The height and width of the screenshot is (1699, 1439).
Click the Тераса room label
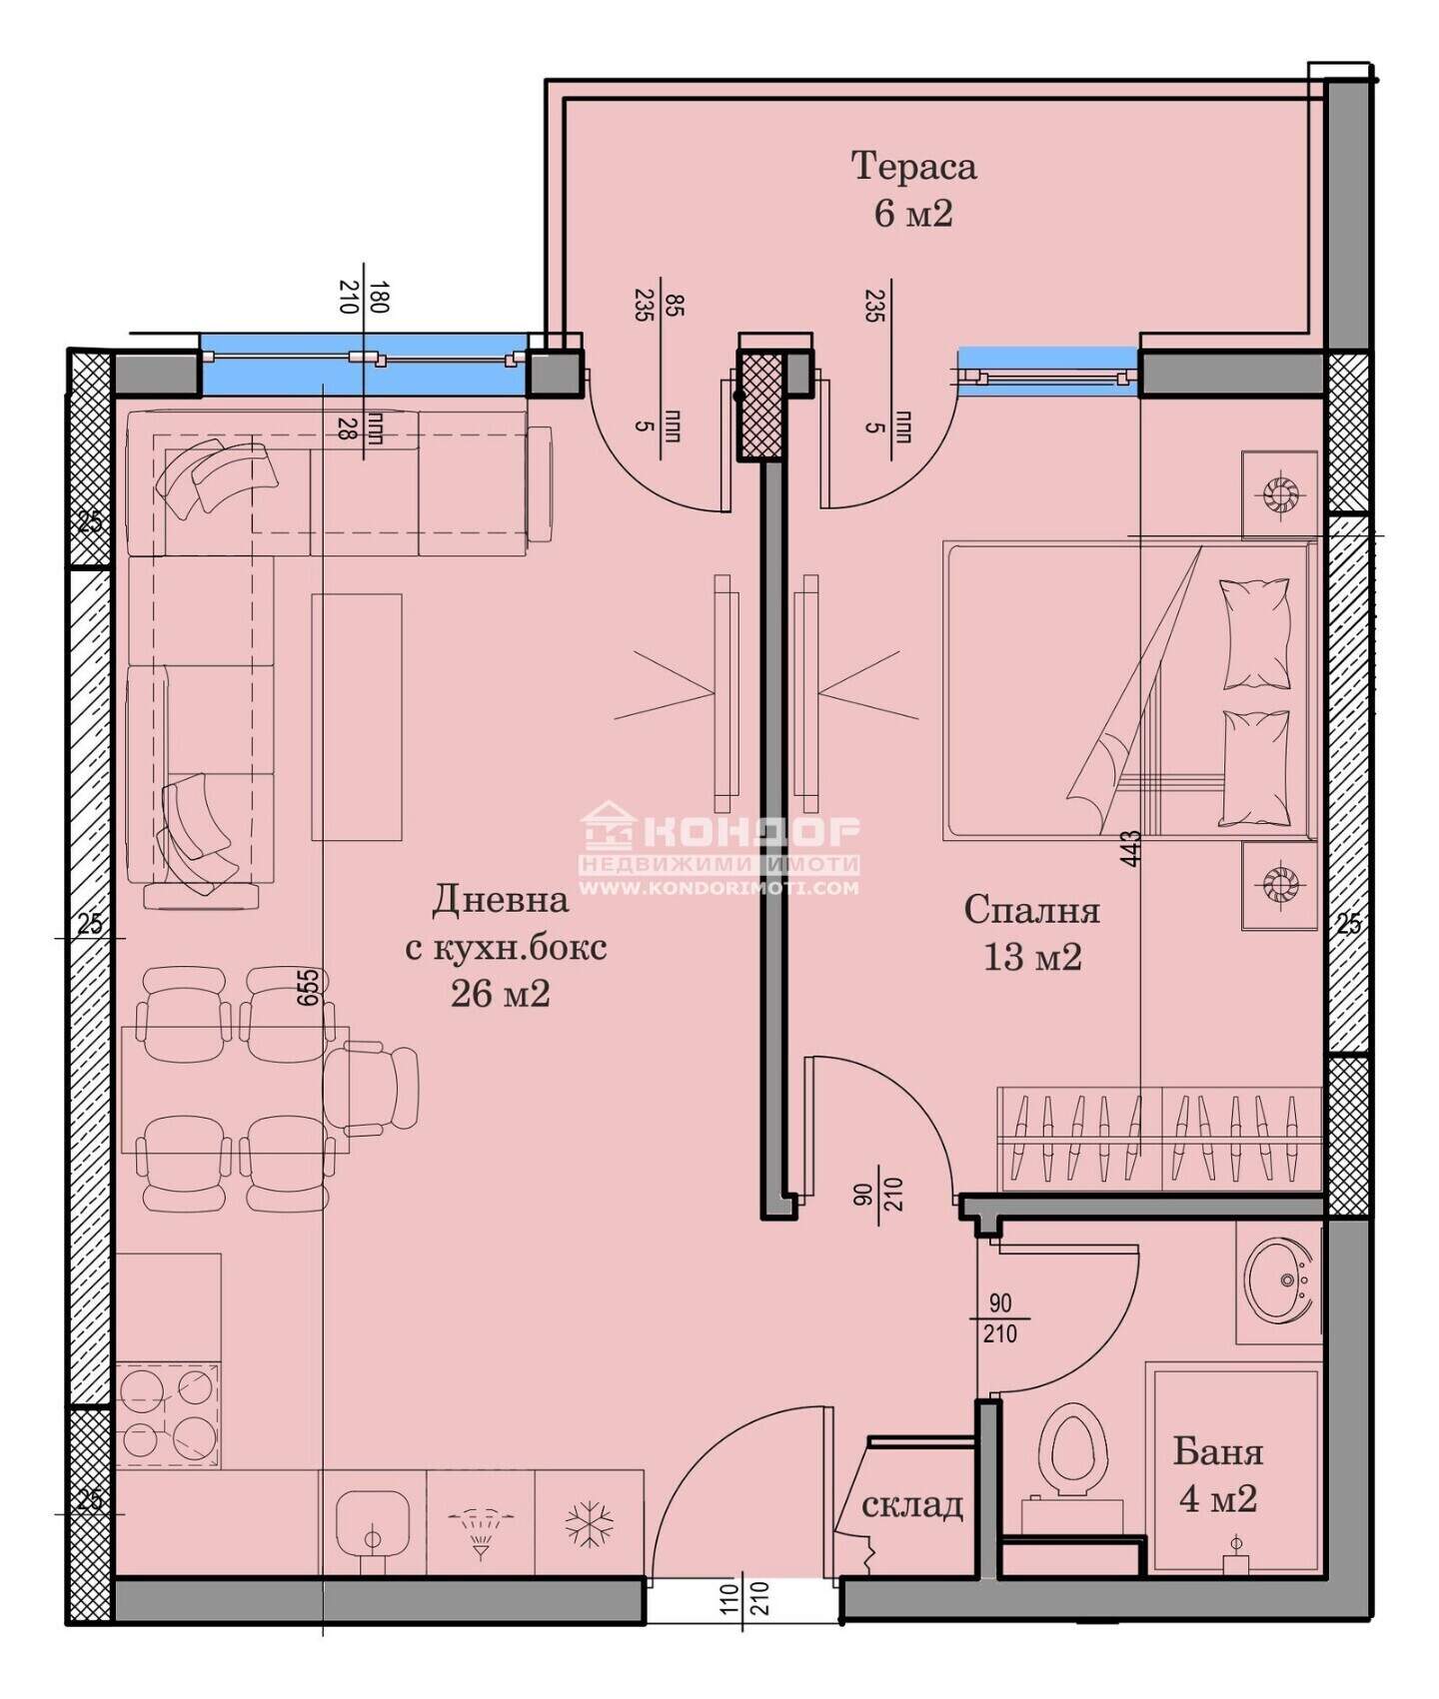point(913,166)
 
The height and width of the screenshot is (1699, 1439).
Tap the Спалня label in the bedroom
point(1031,910)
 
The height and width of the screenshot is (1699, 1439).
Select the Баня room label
point(1218,1451)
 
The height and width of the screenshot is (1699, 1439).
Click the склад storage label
point(911,1504)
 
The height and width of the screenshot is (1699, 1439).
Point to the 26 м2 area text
point(500,994)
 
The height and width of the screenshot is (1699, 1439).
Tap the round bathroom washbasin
point(1278,1279)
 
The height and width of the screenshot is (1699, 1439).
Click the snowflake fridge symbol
point(589,1524)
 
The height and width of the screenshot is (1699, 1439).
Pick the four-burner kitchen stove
point(167,1414)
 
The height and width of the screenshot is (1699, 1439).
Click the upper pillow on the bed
point(1254,633)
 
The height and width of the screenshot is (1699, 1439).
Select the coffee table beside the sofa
point(357,717)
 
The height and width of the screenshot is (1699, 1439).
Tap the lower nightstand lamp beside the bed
point(1278,882)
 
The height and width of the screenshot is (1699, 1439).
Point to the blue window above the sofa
point(364,359)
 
